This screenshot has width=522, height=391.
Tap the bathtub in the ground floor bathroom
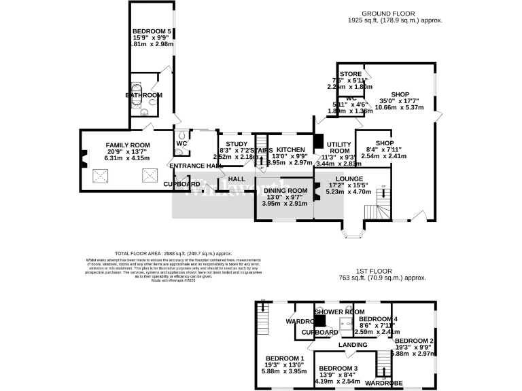tap(135, 95)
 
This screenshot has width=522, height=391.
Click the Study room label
tap(237, 144)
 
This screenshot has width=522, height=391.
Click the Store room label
tap(351, 74)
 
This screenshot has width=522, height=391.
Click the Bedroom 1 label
tap(285, 358)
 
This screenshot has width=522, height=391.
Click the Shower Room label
tap(336, 312)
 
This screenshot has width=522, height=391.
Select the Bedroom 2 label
tap(414, 341)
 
